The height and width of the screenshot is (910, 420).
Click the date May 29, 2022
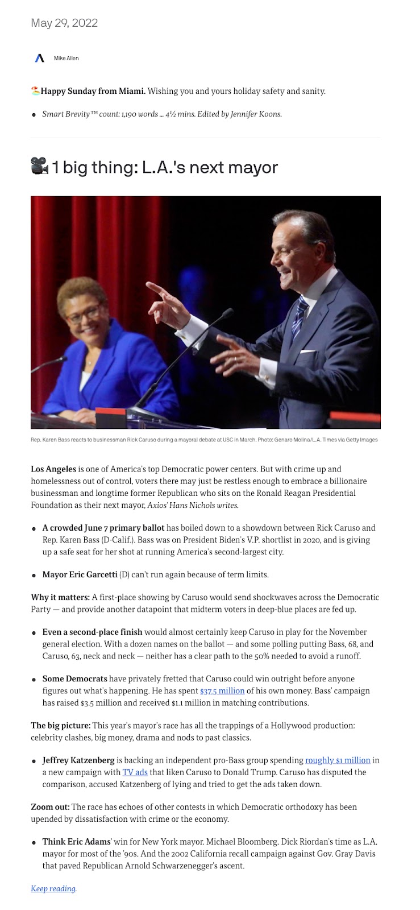coord(64,23)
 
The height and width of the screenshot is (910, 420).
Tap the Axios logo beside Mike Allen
coord(40,58)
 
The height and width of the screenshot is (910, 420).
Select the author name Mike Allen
coord(66,59)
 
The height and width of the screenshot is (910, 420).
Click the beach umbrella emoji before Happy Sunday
coord(35,91)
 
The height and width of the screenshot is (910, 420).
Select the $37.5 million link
coord(222,690)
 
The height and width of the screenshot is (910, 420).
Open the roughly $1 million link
coord(338,760)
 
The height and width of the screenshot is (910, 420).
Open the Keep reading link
coord(53,888)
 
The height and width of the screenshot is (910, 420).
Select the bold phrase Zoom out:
coord(50,806)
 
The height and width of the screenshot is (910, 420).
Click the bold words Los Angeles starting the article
coord(53,469)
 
